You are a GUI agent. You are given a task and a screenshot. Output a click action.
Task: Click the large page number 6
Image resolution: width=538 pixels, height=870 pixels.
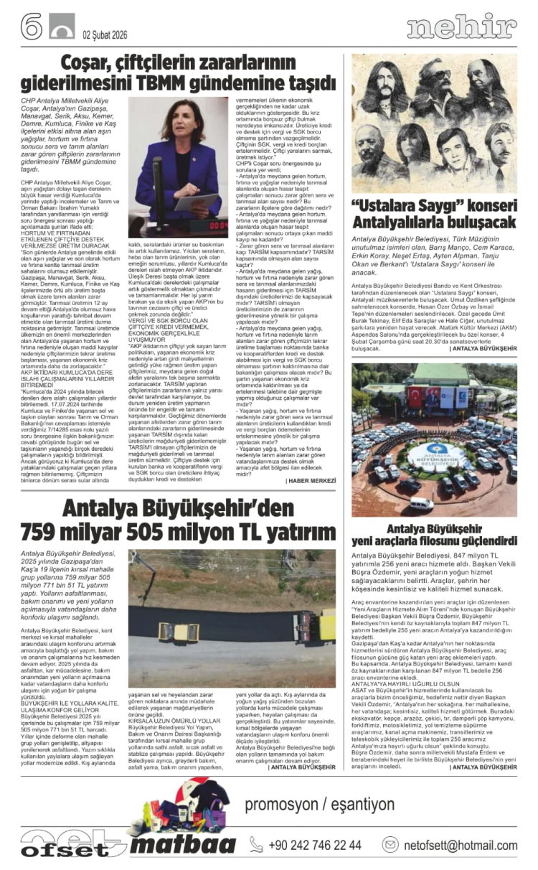32,27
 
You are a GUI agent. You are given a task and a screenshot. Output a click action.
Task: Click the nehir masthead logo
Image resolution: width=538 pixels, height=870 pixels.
461,27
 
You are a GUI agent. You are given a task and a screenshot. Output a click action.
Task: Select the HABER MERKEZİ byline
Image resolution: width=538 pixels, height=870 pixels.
311,480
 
